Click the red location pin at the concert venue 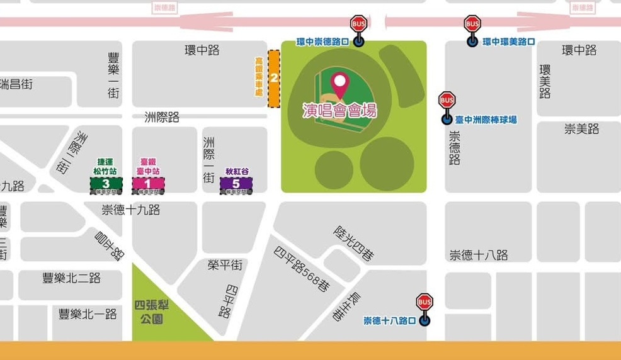pos(340,84)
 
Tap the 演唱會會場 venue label pos(340,111)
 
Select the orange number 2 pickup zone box pos(274,79)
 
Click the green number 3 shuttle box pos(105,184)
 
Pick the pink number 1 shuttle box pos(148,184)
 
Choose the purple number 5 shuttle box pos(236,184)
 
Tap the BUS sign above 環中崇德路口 pos(358,25)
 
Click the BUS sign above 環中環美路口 pos(472,25)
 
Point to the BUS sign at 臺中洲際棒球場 pos(447,100)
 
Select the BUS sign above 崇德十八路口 pos(424,302)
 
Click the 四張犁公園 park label pos(152,312)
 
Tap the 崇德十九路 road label pos(130,210)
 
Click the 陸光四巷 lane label pos(353,243)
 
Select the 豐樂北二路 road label pos(71,278)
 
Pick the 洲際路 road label pos(162,117)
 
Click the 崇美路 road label pos(581,129)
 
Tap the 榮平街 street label pos(225,266)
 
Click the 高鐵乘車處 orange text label pos(259,76)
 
